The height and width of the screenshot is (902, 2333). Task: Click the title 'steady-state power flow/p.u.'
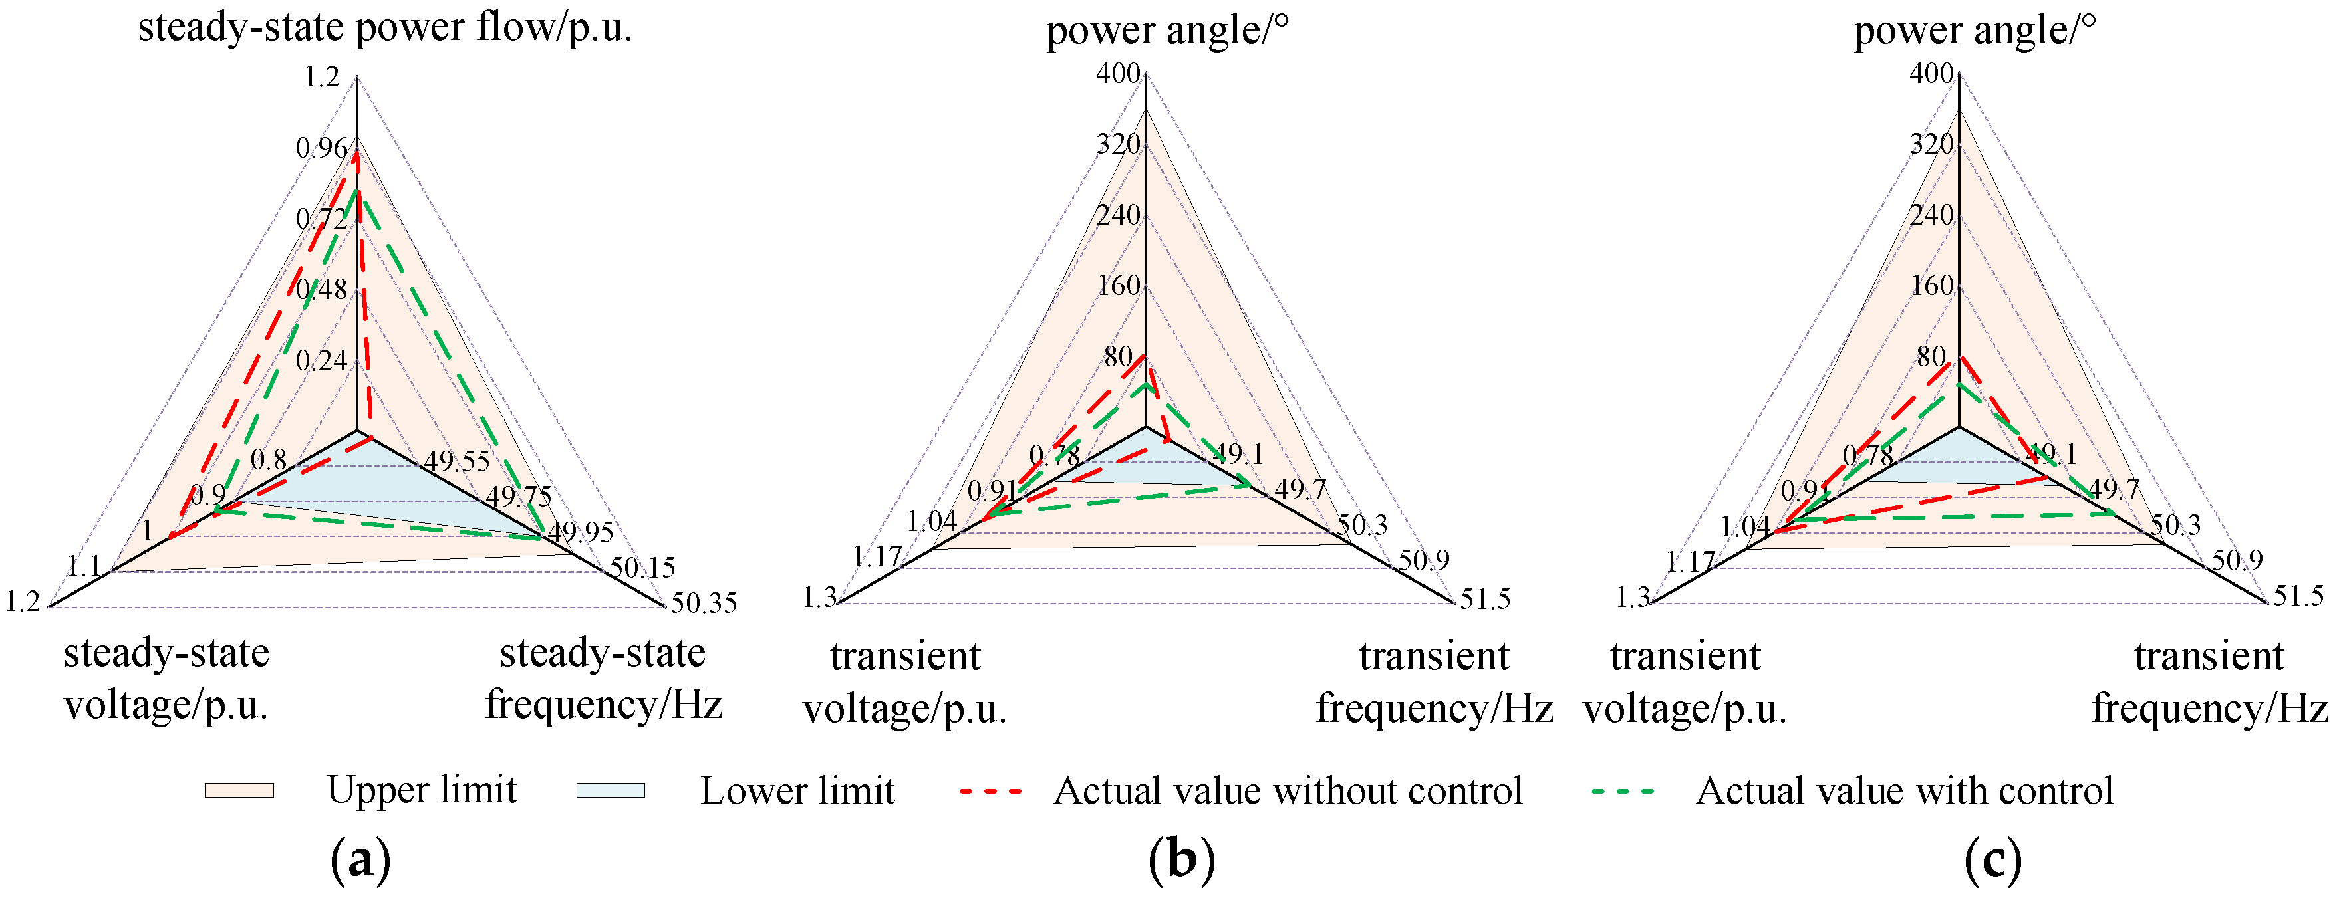tap(385, 27)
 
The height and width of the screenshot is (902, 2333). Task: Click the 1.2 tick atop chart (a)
tap(321, 78)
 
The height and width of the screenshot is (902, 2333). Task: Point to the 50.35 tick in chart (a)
tap(704, 603)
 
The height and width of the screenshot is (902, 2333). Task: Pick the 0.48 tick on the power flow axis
tap(321, 290)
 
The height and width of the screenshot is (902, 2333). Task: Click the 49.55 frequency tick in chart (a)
tap(458, 461)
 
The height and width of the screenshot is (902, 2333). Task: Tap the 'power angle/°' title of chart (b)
tap(1167, 31)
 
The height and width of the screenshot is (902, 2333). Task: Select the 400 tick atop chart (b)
tap(1119, 73)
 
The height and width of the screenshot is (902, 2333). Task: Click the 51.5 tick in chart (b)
tap(1484, 600)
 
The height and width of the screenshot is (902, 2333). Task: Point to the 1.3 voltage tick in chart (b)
tap(819, 598)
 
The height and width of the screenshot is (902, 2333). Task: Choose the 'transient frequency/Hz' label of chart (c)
tap(2209, 681)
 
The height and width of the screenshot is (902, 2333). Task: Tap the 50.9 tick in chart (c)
tap(2238, 560)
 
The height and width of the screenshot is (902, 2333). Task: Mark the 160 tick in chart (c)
tap(1932, 286)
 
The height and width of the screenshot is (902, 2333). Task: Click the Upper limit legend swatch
tap(239, 790)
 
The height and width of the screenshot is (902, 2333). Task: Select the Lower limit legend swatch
tap(611, 790)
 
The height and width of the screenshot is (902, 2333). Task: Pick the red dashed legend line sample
tap(991, 790)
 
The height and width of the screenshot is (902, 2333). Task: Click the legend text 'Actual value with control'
tap(1905, 790)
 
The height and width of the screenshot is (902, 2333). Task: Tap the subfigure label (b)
tap(1181, 859)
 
